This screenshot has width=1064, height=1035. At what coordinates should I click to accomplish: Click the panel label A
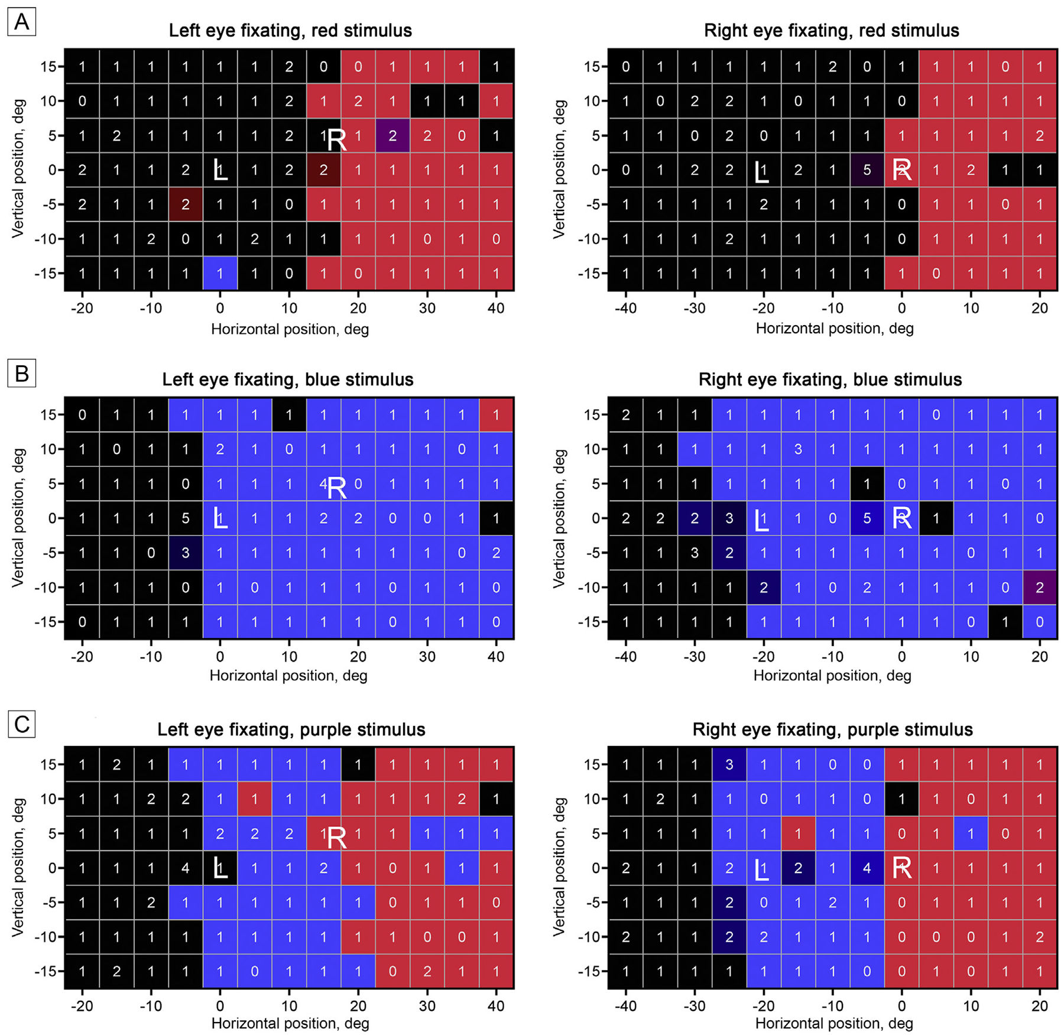coord(21,22)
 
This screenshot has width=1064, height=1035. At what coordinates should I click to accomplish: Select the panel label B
coord(21,374)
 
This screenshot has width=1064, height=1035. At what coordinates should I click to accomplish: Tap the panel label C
coord(21,724)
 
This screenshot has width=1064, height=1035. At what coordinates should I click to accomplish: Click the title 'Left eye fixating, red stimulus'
coord(290,31)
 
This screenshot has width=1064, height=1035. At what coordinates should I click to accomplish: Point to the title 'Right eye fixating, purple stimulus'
coord(832,729)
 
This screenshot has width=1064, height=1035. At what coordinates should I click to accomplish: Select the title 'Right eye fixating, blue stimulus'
coord(830,379)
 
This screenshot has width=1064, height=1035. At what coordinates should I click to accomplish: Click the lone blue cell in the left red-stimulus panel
coord(220,273)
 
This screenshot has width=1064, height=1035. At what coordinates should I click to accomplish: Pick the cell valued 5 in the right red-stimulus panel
coord(867,170)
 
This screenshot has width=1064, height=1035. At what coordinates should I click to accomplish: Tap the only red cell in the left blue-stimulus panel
coord(496,415)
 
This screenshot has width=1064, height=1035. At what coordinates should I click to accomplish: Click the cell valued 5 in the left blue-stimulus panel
coord(186,518)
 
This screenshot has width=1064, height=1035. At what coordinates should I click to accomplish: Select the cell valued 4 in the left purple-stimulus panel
coord(186,868)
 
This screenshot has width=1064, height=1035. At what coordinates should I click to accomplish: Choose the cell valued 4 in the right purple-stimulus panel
coord(867,868)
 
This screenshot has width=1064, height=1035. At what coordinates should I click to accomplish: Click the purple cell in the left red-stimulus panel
coord(392,136)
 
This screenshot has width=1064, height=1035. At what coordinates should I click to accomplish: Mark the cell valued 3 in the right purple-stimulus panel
coord(729,764)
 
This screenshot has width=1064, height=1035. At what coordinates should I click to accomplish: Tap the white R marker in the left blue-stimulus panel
coord(337,488)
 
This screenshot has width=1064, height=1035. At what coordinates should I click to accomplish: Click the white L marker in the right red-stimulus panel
coord(761,172)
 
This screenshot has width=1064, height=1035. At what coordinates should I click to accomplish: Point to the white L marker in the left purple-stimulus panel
coord(220,868)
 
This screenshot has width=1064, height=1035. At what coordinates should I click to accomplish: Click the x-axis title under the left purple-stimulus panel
coord(290,1023)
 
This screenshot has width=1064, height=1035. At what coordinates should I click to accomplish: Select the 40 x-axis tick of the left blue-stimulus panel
coord(496,656)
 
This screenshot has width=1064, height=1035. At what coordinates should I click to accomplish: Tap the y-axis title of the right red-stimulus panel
coord(559,169)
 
